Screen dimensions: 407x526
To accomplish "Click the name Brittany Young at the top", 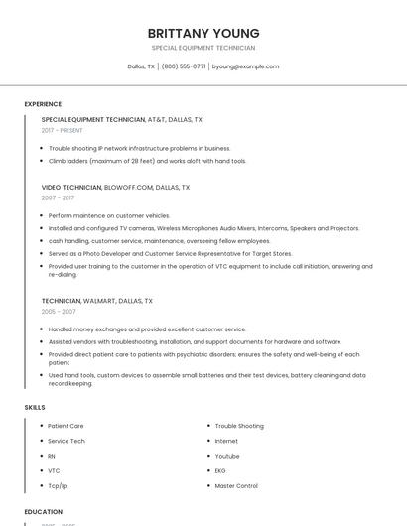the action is [x=203, y=33].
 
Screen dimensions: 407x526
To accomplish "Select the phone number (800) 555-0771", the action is [x=184, y=66].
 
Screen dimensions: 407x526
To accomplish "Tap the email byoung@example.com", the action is [x=246, y=66].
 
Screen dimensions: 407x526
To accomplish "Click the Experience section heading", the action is [x=43, y=104].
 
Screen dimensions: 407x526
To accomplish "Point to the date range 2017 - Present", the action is [x=63, y=130].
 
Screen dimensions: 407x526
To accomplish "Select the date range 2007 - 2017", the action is [x=58, y=197].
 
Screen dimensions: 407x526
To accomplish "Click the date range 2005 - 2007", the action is [x=58, y=311].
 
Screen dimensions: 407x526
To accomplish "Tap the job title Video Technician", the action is [x=71, y=187].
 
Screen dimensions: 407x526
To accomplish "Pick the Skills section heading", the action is [x=35, y=407].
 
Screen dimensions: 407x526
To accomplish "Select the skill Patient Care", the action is [x=66, y=426].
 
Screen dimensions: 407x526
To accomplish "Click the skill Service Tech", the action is [x=67, y=441].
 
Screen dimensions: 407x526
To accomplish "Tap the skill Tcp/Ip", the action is [x=58, y=486].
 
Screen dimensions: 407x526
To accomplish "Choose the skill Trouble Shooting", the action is [x=239, y=426].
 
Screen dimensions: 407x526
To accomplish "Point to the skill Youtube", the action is [x=227, y=456].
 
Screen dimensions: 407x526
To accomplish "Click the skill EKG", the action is [x=220, y=470].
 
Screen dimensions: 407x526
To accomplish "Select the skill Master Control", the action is [x=236, y=486].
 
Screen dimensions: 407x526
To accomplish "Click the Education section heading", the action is [x=44, y=512].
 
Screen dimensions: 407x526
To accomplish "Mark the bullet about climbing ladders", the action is [x=147, y=161].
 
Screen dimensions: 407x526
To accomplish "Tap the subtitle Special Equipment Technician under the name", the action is [x=203, y=48].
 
